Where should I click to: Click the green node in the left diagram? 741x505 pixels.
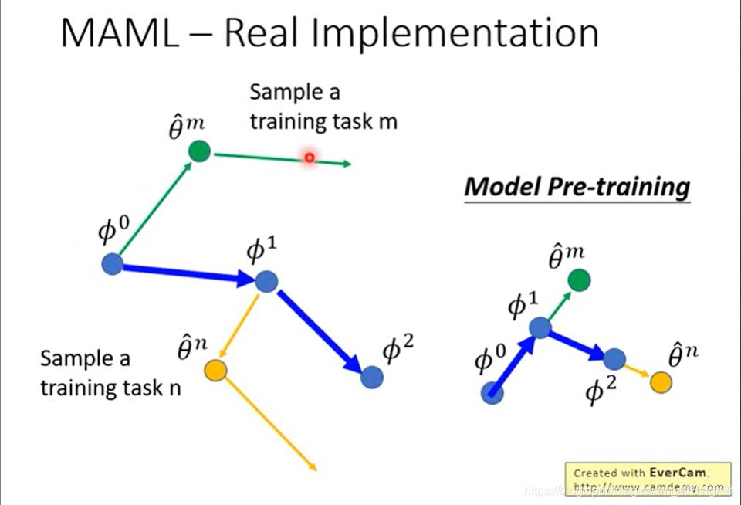199,151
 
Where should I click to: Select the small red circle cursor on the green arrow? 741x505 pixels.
310,158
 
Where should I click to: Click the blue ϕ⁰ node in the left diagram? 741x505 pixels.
113,264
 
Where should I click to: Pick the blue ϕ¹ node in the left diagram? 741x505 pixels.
266,281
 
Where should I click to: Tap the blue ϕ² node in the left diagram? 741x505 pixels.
372,377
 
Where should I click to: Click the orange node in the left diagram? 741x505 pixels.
215,371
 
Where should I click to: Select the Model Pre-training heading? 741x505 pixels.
577,187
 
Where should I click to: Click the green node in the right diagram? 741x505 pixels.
579,280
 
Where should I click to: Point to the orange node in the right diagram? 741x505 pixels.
660,381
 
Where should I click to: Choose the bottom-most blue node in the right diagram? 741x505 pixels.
492,393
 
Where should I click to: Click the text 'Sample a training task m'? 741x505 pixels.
323,107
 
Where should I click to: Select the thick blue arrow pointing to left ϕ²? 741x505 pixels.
320,330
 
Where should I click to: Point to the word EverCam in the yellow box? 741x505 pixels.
677,472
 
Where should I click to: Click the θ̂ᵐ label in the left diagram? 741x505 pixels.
187,125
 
